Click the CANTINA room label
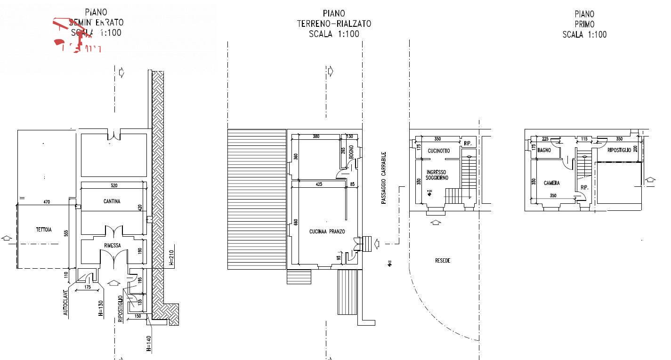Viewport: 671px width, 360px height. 112,201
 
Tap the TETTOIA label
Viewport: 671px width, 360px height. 44,230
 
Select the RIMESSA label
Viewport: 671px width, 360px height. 113,245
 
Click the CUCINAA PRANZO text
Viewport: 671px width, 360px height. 327,232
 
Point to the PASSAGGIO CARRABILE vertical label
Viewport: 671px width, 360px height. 384,177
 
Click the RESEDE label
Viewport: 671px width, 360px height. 443,260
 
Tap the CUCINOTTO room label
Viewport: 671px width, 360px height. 438,151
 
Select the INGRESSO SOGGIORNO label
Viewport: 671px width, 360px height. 437,175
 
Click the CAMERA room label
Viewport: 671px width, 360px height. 551,183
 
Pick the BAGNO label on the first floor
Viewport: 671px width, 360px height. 544,150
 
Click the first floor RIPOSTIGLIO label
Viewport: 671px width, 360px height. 619,150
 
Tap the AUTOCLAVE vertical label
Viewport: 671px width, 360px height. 66,302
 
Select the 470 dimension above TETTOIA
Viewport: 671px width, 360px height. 46,202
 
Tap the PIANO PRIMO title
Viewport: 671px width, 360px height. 584,24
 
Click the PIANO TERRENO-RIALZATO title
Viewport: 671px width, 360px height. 333,24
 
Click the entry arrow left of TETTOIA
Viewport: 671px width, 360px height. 6,238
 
